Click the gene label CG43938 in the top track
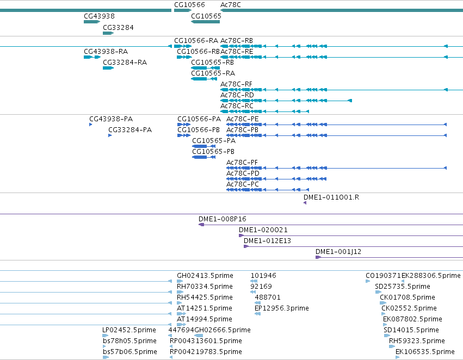[99, 16]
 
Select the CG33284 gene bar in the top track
[108, 33]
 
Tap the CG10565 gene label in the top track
[206, 16]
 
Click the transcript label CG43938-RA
[106, 52]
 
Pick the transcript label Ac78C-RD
[237, 95]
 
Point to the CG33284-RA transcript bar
[108, 68]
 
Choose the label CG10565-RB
[212, 63]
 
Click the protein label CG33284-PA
[130, 130]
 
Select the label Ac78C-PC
[243, 184]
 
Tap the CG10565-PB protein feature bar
[203, 157]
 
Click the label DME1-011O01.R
[331, 197]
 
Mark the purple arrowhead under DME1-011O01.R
[305, 203]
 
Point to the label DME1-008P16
[223, 219]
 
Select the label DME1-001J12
[338, 252]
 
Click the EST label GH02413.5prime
[205, 276]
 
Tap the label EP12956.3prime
[282, 308]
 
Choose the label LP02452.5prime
[129, 330]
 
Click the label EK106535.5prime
[425, 352]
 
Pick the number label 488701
[268, 297]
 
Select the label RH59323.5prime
[417, 341]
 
